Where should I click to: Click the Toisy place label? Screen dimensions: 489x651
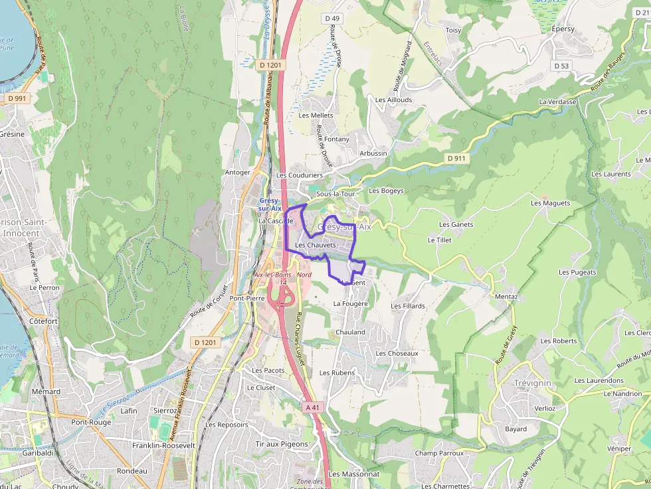[x=453, y=31]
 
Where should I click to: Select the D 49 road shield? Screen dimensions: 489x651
[x=332, y=18]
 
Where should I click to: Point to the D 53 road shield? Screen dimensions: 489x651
[x=561, y=66]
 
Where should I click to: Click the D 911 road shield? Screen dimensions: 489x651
[x=457, y=158]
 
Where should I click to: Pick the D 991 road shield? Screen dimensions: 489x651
[x=17, y=98]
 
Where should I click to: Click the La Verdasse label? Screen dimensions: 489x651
[x=557, y=102]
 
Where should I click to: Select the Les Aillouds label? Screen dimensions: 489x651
[x=393, y=100]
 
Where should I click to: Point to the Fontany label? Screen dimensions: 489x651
[x=336, y=139]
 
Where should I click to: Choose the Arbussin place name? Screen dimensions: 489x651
[x=373, y=153]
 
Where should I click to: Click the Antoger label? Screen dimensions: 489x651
[x=238, y=173]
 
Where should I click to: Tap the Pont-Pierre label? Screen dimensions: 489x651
[x=247, y=299]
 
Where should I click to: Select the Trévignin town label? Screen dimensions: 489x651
[x=533, y=384]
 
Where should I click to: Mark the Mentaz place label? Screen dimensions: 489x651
[x=506, y=297]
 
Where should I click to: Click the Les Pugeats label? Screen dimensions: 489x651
[x=577, y=272]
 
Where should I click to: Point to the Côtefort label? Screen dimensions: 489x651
[x=44, y=321]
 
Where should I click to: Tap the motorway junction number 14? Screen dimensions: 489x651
[x=283, y=283]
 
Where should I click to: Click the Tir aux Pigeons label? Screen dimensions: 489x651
[x=282, y=444]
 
